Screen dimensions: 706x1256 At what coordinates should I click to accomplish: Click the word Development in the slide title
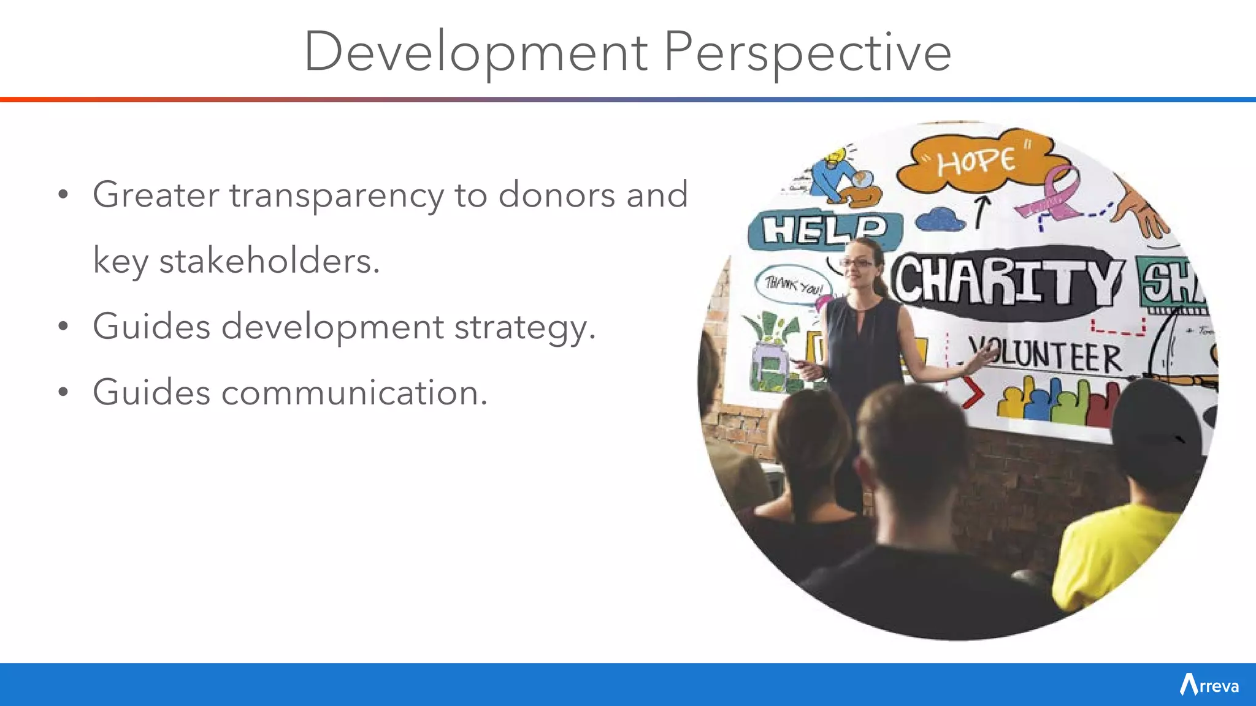(476, 53)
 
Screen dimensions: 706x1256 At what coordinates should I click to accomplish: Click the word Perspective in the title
(808, 53)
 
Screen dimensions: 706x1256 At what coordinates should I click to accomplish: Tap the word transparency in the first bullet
(337, 196)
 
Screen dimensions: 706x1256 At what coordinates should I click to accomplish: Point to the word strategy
(524, 327)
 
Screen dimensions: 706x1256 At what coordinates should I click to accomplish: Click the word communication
(354, 393)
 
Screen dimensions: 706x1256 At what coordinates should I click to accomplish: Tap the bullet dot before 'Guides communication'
(63, 393)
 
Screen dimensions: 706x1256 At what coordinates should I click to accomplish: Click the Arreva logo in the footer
(1209, 685)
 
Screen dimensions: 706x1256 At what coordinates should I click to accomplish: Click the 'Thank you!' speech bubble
(794, 285)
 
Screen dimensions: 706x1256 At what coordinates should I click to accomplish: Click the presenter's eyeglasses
(857, 263)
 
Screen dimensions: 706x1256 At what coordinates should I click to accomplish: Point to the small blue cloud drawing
(940, 219)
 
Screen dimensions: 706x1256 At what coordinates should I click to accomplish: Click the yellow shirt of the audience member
(1110, 552)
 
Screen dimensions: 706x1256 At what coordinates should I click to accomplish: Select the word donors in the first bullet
(557, 196)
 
